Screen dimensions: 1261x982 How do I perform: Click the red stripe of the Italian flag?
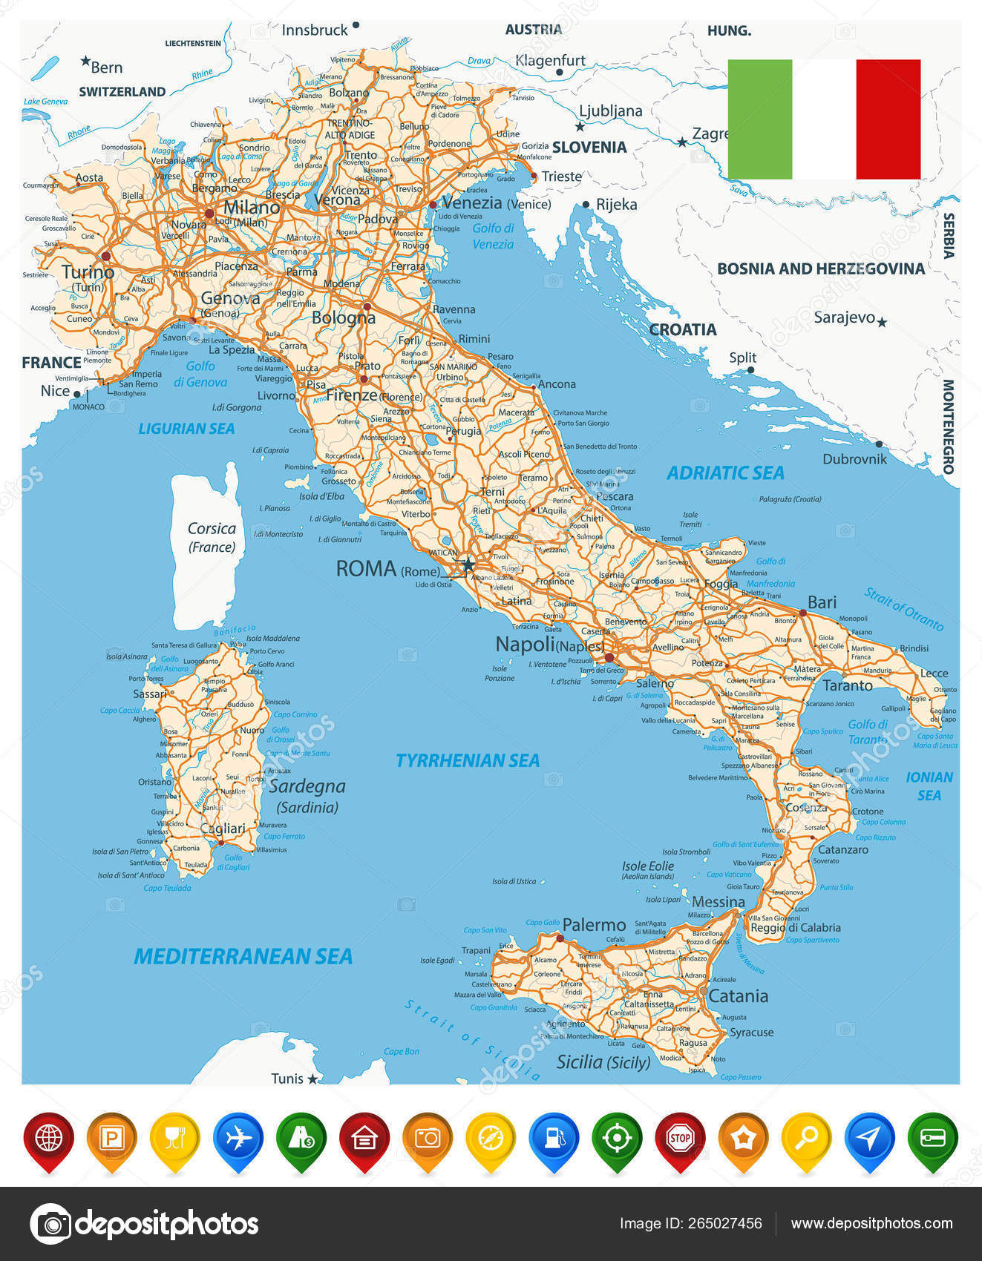coord(888,119)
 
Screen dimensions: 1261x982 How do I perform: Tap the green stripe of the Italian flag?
coord(759,119)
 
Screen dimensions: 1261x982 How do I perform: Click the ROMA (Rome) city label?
coord(387,569)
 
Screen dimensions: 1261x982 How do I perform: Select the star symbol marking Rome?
coord(468,565)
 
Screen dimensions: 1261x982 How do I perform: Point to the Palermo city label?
coord(594,925)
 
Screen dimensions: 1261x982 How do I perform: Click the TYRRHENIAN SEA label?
coord(467,760)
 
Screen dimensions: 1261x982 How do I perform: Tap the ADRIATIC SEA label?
coord(725,473)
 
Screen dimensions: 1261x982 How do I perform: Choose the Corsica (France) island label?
coord(212,537)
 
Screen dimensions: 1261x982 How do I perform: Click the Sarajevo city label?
coord(844,317)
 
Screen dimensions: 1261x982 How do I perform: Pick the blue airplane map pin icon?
coord(238,1138)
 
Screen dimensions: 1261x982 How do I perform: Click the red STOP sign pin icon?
coord(680,1138)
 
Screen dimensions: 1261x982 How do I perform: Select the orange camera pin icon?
coord(428,1138)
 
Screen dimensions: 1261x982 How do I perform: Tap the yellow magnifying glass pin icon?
coord(806,1138)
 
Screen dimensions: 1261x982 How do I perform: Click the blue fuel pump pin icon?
coord(554,1138)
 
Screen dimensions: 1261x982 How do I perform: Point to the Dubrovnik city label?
coord(854,459)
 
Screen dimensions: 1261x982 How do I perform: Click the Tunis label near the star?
coord(287,1079)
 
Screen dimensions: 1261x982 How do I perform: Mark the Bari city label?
coord(822,602)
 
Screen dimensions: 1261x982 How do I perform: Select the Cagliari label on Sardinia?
coord(223,829)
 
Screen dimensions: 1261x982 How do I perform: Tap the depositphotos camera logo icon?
coord(50,1223)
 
